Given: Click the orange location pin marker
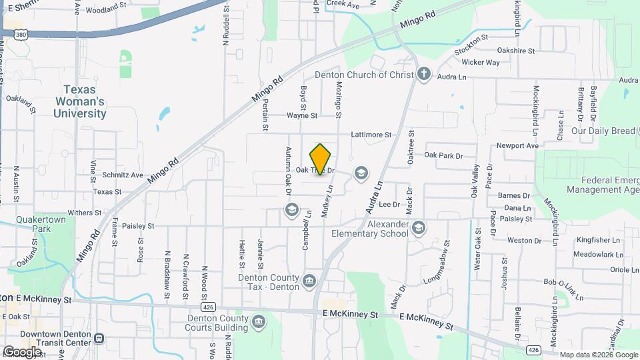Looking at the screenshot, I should point(321,159).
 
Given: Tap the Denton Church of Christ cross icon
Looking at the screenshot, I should point(424,75).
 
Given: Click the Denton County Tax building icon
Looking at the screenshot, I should point(309,280).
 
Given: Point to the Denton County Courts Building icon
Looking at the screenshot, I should point(258,323).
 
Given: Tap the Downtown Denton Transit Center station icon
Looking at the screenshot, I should point(99,338).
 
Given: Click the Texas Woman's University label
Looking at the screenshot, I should point(85,101).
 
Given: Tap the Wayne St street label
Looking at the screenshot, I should point(302,115).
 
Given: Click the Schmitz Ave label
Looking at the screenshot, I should point(123,175).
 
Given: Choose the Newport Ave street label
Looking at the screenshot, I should point(517,145).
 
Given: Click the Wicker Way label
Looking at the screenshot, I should point(481,63).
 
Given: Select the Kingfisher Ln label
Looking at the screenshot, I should point(598,240).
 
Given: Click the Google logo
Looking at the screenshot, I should point(22,352).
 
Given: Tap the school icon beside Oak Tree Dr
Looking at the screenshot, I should point(361,173).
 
